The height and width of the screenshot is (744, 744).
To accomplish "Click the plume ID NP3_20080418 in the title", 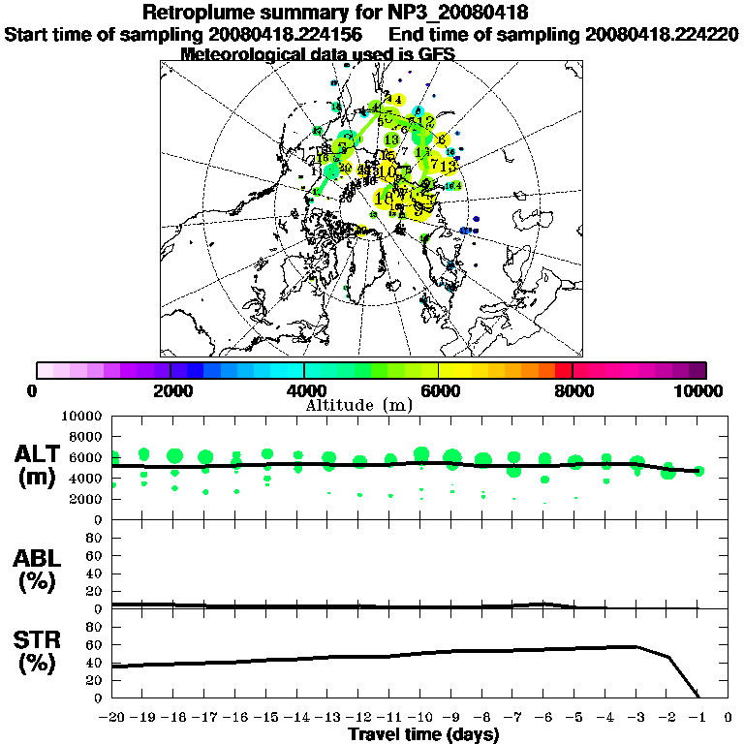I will pos(461,14).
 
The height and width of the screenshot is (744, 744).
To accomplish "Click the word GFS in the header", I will pos(434,55).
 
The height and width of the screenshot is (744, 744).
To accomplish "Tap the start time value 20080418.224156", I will pos(285,35).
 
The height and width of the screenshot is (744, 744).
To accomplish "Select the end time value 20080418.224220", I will pos(662,35).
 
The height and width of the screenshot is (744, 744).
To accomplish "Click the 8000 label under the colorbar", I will pos(573,390).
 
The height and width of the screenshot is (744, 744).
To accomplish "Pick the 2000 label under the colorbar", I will pos(170,390).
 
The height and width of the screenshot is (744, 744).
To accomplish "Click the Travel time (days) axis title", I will pos(423,734).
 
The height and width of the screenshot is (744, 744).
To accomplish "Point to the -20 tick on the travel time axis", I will pos(112,718).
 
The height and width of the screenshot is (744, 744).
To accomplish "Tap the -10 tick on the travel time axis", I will pos(420,718).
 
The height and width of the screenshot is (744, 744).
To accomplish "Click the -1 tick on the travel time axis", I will pos(697,718).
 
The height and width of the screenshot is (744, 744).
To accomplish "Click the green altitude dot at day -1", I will pos(698,472).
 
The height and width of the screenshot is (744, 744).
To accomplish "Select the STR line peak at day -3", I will pos(636,646).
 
